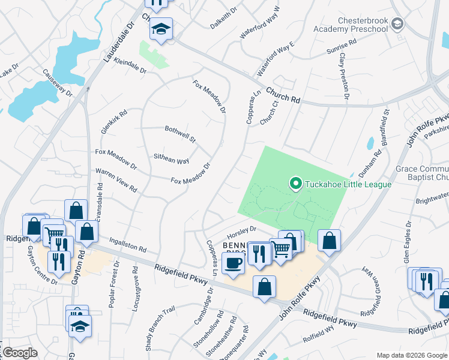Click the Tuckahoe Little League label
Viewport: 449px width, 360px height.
tap(348, 184)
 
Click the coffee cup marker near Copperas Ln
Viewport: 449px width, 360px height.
tap(233, 262)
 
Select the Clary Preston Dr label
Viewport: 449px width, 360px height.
tap(344, 75)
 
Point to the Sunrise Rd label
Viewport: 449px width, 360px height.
tap(342, 47)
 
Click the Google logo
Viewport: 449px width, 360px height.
tap(20, 353)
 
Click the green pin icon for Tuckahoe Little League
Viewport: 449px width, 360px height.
tap(295, 184)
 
